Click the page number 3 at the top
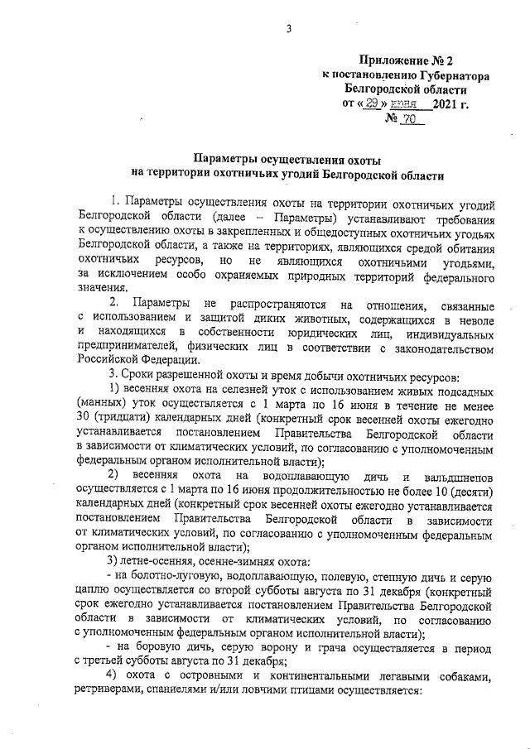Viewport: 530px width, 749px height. click(289, 31)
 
